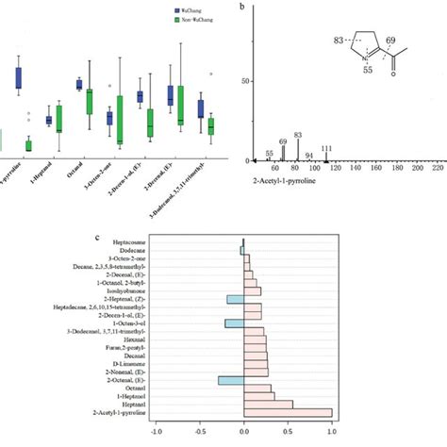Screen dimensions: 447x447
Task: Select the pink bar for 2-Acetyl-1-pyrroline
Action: click(289, 412)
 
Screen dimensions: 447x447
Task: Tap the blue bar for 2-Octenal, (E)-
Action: click(231, 380)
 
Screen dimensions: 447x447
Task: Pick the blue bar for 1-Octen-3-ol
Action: click(235, 323)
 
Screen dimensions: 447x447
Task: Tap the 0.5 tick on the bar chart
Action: click(289, 434)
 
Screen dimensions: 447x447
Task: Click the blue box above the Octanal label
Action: click(79, 84)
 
